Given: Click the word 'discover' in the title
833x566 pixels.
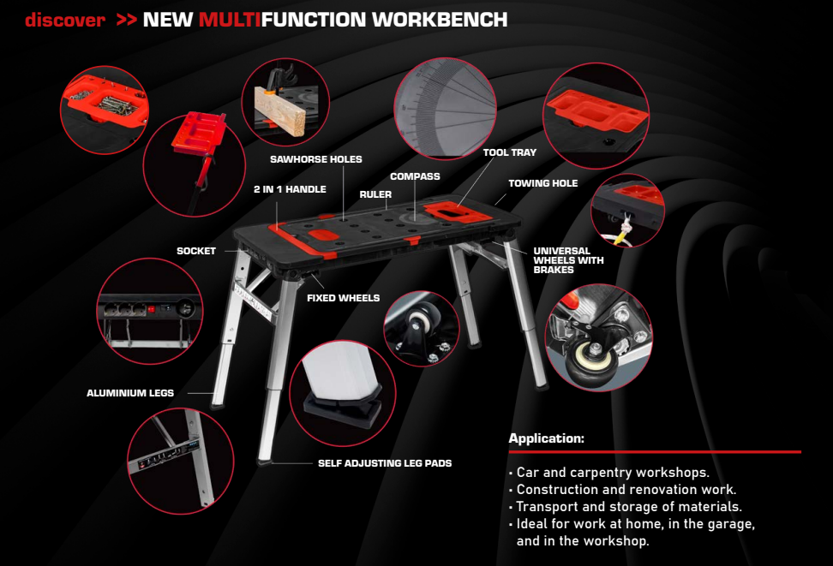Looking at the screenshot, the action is point(65,20).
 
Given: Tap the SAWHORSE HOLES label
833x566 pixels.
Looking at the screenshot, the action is point(315,159).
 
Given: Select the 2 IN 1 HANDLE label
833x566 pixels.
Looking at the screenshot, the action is point(290,189).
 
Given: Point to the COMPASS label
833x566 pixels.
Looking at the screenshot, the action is point(415,176).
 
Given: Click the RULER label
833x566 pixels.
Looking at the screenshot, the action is point(375,194).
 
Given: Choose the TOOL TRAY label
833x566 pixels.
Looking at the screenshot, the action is point(509,152).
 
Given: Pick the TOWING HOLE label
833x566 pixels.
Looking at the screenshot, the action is point(543,183).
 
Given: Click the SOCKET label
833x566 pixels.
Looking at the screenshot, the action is point(196,251).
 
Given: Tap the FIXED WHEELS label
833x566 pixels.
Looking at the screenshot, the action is point(343,298).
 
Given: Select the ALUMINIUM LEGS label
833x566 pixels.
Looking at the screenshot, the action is point(130,393).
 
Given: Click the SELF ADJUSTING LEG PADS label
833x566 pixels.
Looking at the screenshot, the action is point(385,463).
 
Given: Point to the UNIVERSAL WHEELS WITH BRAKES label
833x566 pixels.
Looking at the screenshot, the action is point(568,260).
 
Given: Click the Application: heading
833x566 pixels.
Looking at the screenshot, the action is point(546,438).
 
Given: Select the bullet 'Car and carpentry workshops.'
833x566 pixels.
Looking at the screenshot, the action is point(608,472).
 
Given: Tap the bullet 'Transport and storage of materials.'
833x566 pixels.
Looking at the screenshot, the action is point(626,507).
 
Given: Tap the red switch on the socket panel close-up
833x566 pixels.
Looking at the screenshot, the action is point(152,309).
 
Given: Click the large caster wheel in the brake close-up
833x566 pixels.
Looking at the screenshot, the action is point(593,363).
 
